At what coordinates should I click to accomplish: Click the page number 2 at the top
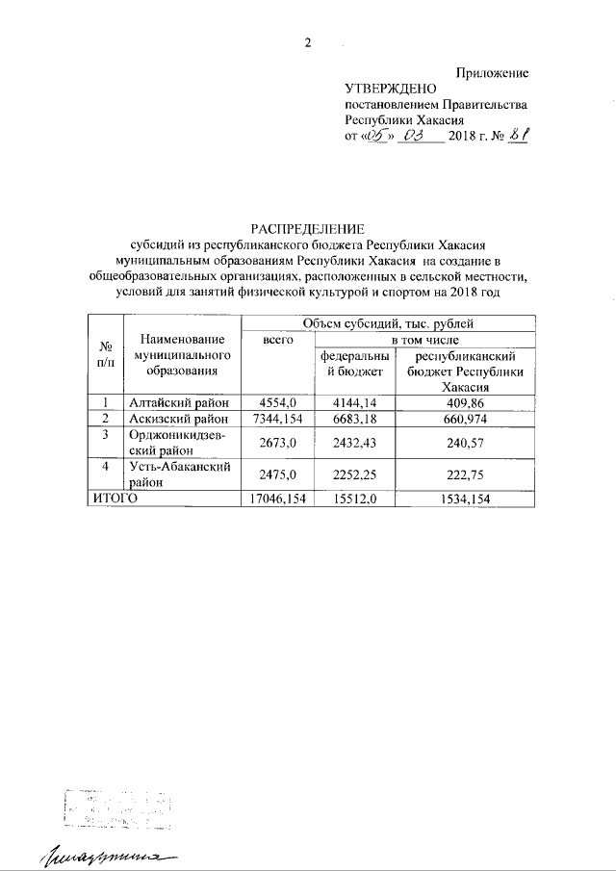(x=308, y=41)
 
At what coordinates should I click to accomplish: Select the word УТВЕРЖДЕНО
(x=384, y=89)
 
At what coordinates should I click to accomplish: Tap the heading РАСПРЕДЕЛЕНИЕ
(x=307, y=229)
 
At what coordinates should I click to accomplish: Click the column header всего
(x=278, y=340)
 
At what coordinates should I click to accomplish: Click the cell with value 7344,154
(x=277, y=419)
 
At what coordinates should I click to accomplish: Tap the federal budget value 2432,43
(x=355, y=442)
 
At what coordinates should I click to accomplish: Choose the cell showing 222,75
(x=466, y=473)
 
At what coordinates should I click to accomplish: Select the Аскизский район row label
(x=179, y=419)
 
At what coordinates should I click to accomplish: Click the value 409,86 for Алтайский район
(x=466, y=402)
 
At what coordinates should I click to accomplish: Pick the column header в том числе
(x=423, y=340)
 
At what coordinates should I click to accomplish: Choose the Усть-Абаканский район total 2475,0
(x=277, y=473)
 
